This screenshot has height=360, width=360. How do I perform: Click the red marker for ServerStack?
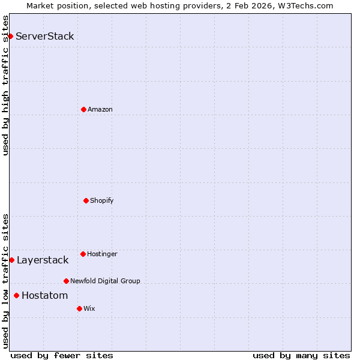tap(10, 36)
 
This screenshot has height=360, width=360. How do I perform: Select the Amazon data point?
tap(83, 109)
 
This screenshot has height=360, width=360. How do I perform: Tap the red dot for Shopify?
tap(86, 200)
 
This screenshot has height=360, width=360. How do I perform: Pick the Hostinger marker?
tap(83, 254)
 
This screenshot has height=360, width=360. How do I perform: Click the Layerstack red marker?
tap(11, 260)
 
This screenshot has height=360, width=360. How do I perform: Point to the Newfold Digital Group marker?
tap(66, 281)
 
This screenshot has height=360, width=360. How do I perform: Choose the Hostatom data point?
tap(16, 295)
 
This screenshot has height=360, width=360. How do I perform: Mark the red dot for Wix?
tap(79, 308)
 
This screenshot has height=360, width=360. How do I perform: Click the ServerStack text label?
tap(45, 36)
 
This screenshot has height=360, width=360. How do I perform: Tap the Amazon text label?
tap(100, 109)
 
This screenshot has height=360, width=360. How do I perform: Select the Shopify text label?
tap(102, 200)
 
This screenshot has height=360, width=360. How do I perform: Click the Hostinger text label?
tap(102, 254)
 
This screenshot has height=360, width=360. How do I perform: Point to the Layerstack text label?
tap(43, 260)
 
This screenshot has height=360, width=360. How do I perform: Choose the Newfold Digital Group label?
tap(105, 281)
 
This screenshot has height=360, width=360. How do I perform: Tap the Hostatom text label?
tap(45, 295)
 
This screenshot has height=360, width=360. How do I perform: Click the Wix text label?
tap(89, 308)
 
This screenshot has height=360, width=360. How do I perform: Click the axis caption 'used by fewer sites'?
tap(62, 355)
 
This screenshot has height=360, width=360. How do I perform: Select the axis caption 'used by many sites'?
tap(301, 355)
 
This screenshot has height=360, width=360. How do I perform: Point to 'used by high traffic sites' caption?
tap(5, 85)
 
